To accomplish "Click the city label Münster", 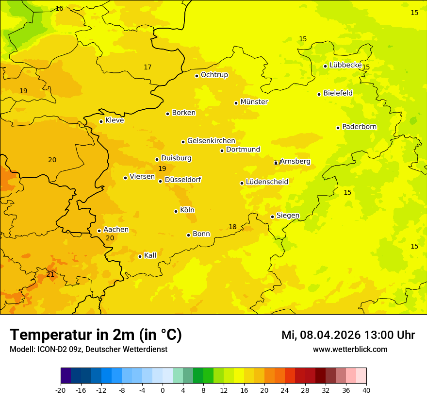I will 254,102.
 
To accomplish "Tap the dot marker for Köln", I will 176,211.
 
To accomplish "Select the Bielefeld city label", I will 338,93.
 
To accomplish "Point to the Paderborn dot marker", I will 338,128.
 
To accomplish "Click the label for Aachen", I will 116,230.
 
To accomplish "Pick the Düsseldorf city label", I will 183,180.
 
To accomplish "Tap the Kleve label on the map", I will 115,120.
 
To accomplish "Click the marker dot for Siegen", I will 272,217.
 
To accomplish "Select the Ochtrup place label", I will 214,75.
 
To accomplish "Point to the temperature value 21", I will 50,274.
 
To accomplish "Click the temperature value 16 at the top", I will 59,8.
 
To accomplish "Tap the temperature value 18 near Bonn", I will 232,227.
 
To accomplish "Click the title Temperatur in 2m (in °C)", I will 96,335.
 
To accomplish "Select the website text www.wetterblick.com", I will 350,349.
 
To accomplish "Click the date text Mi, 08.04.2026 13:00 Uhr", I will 348,335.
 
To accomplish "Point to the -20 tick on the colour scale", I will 61,390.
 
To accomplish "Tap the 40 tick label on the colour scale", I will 366,390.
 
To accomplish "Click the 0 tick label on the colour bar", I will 163,390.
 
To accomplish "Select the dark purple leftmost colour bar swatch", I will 66,376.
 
